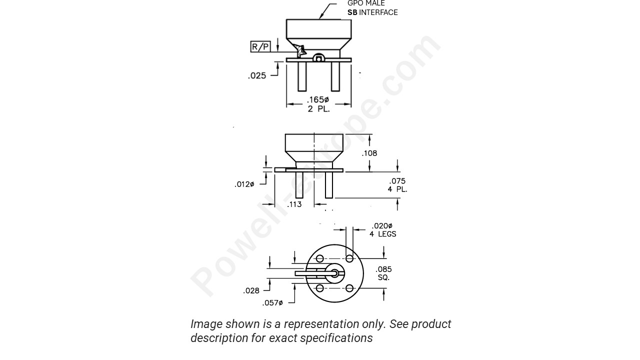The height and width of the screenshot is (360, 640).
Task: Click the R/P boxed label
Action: point(260,47)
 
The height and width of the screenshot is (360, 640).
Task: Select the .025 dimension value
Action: point(257,76)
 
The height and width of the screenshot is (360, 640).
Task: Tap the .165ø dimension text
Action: point(318,100)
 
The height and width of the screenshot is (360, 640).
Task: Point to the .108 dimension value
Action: point(369,153)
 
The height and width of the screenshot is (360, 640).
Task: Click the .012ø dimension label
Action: point(244,184)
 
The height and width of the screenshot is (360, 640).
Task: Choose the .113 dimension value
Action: point(294,204)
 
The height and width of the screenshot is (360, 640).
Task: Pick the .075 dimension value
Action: point(397,181)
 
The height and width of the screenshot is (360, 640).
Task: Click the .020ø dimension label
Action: point(382,226)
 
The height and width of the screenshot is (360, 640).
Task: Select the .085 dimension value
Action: point(383,269)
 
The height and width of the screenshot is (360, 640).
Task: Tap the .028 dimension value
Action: point(251,291)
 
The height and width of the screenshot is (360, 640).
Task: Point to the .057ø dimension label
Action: point(272,303)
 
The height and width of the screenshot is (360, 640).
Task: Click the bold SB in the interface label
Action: point(352,12)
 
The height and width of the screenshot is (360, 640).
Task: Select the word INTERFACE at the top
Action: point(378,12)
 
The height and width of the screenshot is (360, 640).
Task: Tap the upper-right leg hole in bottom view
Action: point(349,258)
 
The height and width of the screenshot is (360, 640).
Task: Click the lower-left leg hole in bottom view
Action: point(320,288)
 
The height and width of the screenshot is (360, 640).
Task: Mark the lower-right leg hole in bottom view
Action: point(349,288)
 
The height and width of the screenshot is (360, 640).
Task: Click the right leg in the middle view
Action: point(329,185)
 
